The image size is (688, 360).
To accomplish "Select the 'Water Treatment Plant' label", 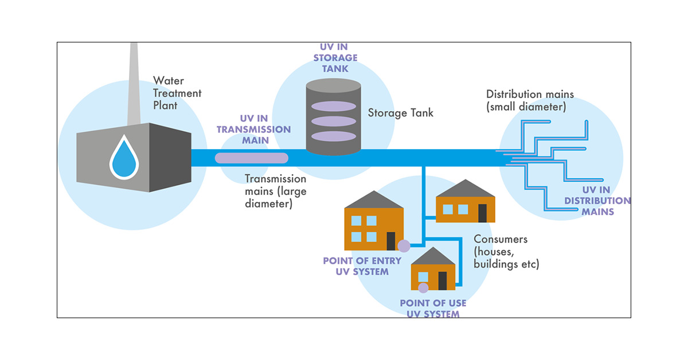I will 177,93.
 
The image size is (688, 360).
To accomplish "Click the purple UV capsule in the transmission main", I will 251,158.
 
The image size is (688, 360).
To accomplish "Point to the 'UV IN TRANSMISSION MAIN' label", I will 253,130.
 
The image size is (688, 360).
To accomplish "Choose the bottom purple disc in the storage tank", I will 333,136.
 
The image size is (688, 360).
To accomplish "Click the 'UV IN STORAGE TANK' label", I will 338,57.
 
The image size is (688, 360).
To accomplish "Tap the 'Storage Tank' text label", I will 401,113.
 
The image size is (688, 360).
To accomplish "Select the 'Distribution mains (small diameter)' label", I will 530,100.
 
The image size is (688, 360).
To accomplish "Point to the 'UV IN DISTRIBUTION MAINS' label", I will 597,201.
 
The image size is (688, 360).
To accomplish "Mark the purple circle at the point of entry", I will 404,246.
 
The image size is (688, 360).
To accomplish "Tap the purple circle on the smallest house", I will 424,288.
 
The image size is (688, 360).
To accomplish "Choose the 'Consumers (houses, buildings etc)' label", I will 506,252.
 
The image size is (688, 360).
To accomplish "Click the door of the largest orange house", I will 391,241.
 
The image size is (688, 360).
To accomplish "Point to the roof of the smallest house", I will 433,257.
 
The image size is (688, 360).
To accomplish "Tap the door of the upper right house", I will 483,213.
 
